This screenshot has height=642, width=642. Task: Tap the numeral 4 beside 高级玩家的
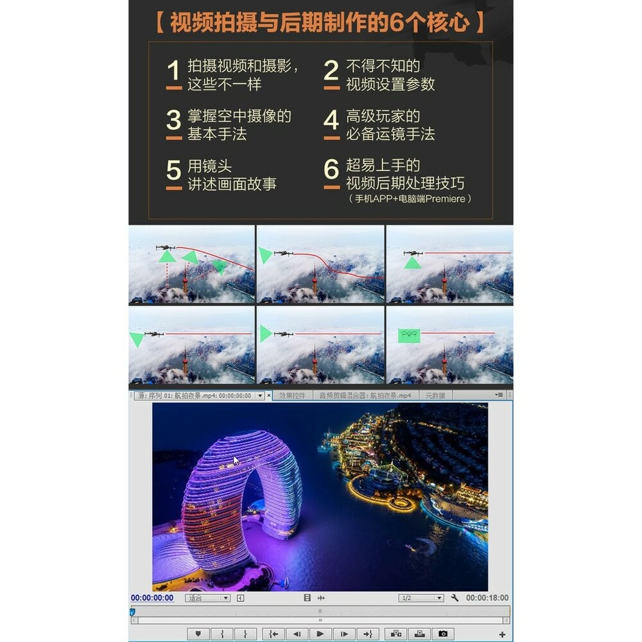(331, 121)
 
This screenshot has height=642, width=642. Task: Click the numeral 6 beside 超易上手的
(331, 169)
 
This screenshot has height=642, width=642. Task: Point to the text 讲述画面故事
(232, 184)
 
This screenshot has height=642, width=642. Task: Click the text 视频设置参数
(390, 84)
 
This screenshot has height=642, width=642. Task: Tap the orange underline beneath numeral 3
(173, 137)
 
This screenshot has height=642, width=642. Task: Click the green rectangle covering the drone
(409, 334)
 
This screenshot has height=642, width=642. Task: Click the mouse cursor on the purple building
(236, 460)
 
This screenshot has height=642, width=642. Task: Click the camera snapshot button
(442, 634)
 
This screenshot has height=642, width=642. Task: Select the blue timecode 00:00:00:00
(152, 598)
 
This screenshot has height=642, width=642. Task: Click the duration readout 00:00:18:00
(487, 598)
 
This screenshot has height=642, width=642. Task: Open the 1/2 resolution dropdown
(421, 598)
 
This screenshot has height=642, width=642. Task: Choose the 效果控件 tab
(292, 395)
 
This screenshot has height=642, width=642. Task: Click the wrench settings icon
(455, 598)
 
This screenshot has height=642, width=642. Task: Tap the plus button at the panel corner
(502, 634)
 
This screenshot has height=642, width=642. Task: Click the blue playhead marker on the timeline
(132, 612)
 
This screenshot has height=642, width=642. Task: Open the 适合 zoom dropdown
(207, 598)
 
